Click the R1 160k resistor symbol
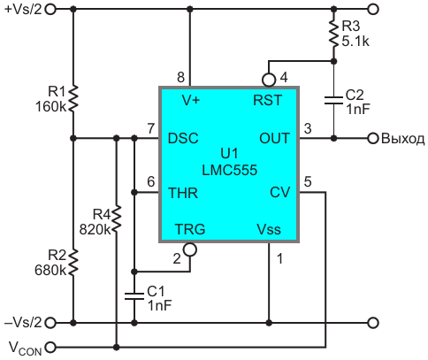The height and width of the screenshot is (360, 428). tap(73, 99)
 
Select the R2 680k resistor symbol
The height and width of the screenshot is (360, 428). tap(73, 263)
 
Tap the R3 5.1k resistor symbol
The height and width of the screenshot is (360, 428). tap(333, 33)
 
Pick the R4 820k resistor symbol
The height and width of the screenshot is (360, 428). tap(117, 218)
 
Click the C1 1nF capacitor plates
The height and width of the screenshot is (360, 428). tap(134, 296)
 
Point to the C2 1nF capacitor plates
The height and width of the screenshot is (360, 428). tap(333, 100)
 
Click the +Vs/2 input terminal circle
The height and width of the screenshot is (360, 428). tap(50, 10)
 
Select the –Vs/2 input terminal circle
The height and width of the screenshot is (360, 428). tap(50, 323)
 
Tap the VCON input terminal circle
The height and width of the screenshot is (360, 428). tap(50, 347)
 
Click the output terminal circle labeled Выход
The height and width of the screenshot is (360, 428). tap(373, 138)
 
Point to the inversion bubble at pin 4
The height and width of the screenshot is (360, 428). tap(269, 80)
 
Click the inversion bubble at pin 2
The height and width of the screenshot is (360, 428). tap(190, 249)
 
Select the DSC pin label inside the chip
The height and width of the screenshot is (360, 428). tap(183, 138)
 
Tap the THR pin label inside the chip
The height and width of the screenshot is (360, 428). tap(183, 193)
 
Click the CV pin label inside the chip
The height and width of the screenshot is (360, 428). tap(280, 193)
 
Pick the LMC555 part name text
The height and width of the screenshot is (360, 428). tap(230, 170)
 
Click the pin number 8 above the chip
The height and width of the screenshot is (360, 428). tap(180, 78)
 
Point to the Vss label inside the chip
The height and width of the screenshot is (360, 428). tap(269, 229)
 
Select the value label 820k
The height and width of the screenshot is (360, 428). tap(95, 229)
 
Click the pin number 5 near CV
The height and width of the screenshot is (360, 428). tap(308, 181)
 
